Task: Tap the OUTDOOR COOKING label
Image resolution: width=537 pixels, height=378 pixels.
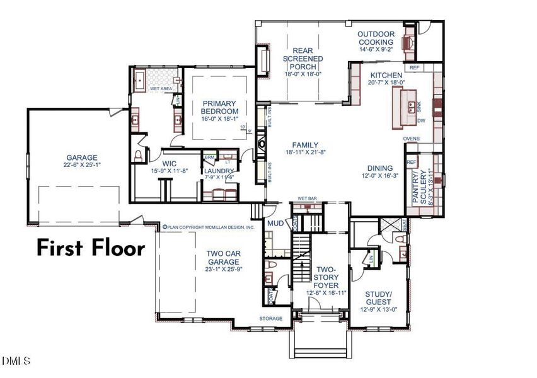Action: point(376,38)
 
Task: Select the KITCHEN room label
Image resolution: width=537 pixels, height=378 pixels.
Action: point(386,76)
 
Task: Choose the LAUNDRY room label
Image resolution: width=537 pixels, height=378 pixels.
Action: point(219,171)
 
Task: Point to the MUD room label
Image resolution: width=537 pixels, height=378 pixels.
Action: point(274,224)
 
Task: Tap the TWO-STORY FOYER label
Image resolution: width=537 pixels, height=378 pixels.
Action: point(326,277)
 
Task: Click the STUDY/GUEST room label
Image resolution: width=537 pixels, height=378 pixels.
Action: point(379,297)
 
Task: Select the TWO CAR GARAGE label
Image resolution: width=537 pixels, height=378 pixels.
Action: point(224,259)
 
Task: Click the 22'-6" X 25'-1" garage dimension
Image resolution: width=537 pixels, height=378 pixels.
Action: point(83,166)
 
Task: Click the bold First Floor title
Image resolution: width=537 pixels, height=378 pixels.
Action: point(90,248)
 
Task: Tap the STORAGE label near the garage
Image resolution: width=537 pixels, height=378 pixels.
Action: point(270,319)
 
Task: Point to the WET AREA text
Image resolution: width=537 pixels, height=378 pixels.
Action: point(161,89)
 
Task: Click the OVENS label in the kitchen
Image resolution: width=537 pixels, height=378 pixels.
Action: point(412,139)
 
